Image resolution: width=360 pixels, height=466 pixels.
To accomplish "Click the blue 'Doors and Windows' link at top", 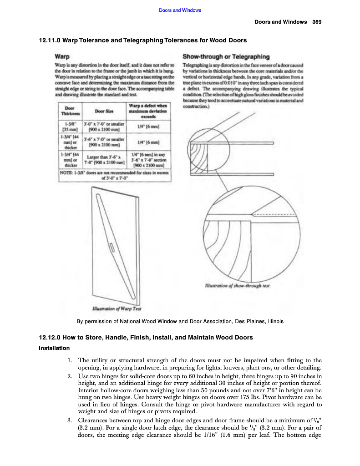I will (x=180, y=10).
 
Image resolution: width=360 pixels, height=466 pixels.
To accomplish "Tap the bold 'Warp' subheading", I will (x=62, y=57).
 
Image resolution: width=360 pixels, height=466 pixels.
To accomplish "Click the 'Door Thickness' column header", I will (x=70, y=111).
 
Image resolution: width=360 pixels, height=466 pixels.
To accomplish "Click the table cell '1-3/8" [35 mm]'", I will (x=70, y=126).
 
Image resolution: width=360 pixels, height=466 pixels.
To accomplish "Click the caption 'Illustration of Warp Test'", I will (x=117, y=309).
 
